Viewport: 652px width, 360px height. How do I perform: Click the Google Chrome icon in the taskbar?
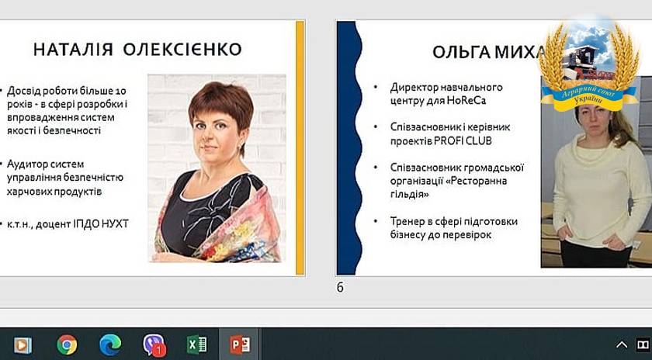click(67, 344)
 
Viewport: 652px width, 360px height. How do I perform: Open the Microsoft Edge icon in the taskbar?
click(110, 344)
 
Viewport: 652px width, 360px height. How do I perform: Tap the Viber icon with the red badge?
click(154, 345)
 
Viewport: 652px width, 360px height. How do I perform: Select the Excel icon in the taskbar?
click(197, 344)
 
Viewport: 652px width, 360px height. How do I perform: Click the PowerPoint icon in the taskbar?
click(240, 344)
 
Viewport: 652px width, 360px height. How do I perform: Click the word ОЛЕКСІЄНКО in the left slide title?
click(182, 50)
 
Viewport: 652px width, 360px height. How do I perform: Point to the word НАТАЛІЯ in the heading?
click(73, 50)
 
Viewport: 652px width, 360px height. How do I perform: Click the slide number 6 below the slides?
click(340, 287)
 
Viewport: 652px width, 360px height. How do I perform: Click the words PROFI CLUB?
click(463, 141)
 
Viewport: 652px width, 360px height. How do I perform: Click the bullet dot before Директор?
click(376, 88)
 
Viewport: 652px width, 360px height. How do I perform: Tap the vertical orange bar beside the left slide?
click(300, 147)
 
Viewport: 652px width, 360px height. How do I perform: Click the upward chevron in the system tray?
click(622, 344)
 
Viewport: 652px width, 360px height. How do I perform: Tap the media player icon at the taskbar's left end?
click(23, 345)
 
